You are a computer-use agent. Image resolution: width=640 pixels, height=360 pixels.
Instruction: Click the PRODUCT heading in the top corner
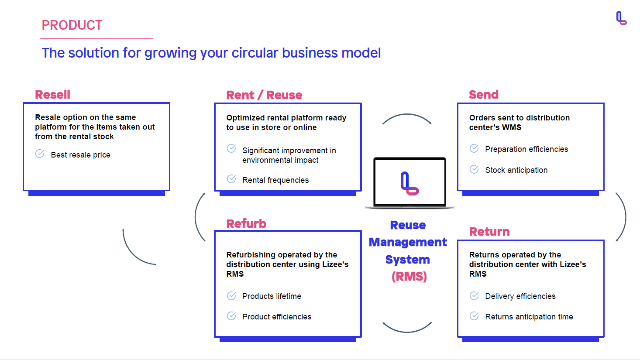[x=72, y=25]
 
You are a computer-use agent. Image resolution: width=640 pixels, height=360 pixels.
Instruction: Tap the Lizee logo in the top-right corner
[x=621, y=18]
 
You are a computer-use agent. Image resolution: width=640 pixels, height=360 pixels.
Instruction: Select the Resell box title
[x=52, y=95]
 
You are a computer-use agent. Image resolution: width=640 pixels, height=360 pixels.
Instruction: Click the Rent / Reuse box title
[x=264, y=95]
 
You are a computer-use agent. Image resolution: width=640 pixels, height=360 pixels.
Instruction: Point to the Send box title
[x=483, y=95]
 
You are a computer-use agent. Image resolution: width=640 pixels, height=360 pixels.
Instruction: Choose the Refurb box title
[x=246, y=223]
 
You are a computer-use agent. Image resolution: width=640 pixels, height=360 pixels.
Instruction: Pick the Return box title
[x=489, y=232]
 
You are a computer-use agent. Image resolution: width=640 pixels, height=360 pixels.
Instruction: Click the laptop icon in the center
[x=409, y=183]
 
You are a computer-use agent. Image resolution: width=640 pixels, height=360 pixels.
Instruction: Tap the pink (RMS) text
[x=409, y=276]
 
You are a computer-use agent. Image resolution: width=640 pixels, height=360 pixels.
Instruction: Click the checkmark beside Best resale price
[x=40, y=154]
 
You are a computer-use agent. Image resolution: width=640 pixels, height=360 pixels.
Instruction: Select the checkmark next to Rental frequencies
[x=231, y=179]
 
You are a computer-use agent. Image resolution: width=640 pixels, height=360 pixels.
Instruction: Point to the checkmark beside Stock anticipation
[x=474, y=169]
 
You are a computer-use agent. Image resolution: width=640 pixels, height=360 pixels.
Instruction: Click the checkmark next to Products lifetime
[x=231, y=296]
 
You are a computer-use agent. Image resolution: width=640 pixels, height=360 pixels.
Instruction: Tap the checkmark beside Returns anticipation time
[x=474, y=316]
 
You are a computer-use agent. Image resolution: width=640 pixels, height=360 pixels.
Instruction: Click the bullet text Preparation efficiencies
[x=526, y=149]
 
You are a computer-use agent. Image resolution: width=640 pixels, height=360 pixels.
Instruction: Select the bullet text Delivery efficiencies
[x=520, y=296]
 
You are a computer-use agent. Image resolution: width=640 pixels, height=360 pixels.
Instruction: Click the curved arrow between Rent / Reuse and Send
[x=407, y=114]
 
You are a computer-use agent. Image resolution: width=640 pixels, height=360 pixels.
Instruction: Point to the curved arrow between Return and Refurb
[x=407, y=332]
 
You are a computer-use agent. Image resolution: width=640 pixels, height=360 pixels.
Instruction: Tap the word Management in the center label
[x=408, y=242]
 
